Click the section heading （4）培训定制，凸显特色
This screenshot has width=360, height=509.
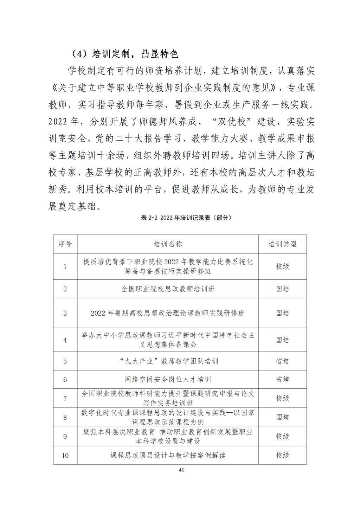125,54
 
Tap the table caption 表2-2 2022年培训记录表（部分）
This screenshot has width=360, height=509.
186,218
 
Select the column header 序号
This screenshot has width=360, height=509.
65,244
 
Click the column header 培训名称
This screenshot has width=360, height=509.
168,244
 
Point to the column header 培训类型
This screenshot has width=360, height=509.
282,244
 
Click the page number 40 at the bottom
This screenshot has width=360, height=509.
181,470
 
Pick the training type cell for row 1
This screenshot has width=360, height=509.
282,266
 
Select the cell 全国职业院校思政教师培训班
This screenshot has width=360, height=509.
168,289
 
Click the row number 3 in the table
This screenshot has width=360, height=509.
65,313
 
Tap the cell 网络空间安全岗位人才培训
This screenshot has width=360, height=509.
168,380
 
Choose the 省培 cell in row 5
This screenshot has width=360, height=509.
282,361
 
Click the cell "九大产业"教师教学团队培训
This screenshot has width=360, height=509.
168,361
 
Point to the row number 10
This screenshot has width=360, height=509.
65,456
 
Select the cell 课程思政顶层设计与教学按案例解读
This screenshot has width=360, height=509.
168,456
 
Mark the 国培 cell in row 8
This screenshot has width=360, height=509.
282,417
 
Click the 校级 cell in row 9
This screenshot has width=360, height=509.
282,436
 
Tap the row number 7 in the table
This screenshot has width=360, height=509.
65,398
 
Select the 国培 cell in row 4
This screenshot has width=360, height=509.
282,340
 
